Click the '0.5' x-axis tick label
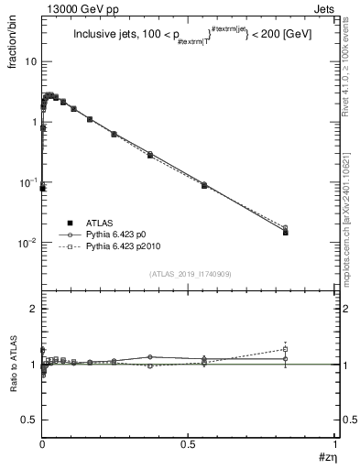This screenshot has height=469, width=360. point(188,444)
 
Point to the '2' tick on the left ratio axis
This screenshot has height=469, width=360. point(34,309)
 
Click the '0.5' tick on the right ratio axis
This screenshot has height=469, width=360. point(344,419)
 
